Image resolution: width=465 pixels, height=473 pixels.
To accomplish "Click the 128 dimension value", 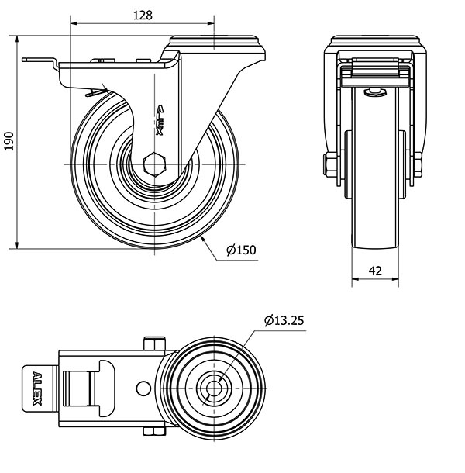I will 141,14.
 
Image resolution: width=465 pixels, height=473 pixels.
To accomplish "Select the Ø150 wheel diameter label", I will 241,250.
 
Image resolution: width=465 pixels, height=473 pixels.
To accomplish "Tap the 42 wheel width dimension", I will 375,271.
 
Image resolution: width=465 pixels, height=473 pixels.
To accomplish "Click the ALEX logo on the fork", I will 160,120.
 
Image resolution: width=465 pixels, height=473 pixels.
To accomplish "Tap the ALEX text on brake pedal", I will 36,385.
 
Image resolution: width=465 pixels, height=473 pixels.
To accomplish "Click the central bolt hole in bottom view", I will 212,385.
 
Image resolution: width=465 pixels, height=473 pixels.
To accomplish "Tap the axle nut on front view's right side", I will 418,164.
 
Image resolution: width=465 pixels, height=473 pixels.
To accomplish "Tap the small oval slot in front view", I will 375,91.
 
